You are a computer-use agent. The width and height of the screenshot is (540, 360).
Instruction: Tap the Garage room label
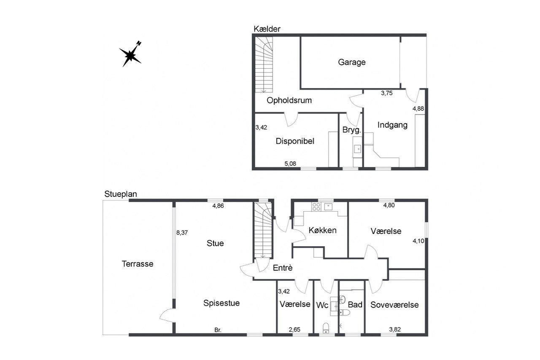coord(352,62)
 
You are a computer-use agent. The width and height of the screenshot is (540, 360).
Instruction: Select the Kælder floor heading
coord(267,29)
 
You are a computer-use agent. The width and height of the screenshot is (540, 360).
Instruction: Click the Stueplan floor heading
coord(121,194)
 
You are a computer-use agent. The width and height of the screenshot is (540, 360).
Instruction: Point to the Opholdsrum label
coord(289,100)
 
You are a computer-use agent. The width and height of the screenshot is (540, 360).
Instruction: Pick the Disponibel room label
coord(295,141)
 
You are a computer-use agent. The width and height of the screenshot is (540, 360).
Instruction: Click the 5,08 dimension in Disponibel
coord(290,164)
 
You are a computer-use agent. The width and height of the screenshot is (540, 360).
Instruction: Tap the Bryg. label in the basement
coord(352,130)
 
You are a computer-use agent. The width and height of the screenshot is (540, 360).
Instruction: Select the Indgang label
coord(392,125)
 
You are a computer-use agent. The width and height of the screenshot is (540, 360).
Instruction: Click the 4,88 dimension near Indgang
coord(418,108)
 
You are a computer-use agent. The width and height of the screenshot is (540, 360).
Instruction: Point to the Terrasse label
coord(138,263)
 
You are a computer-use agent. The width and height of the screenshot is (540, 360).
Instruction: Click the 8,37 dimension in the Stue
coord(182,233)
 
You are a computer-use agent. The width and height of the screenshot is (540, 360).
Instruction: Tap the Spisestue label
coord(221,303)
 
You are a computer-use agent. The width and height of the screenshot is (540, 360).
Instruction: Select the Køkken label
coord(322,230)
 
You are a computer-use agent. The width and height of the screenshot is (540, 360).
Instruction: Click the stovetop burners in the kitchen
coord(316,207)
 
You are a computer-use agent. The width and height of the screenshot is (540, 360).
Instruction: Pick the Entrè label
coord(283,267)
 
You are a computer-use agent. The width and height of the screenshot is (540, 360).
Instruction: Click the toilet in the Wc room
coord(326,328)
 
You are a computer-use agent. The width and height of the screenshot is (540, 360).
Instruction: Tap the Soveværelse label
coord(394,305)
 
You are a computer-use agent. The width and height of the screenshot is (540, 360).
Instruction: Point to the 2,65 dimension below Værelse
coord(294,329)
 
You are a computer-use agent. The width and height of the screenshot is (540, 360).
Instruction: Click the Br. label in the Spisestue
coord(218,330)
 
